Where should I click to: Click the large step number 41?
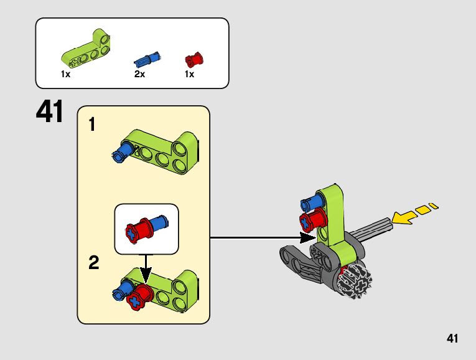[x=50, y=113]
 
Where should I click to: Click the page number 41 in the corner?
[x=452, y=339]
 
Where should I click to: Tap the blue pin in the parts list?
[x=148, y=60]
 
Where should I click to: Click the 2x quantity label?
[x=139, y=74]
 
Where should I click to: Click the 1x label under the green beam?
[x=65, y=74]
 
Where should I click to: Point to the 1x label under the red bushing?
[x=189, y=74]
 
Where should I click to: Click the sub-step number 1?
[x=92, y=125]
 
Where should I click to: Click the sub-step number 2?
[x=93, y=263]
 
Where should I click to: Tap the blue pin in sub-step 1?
[x=122, y=150]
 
